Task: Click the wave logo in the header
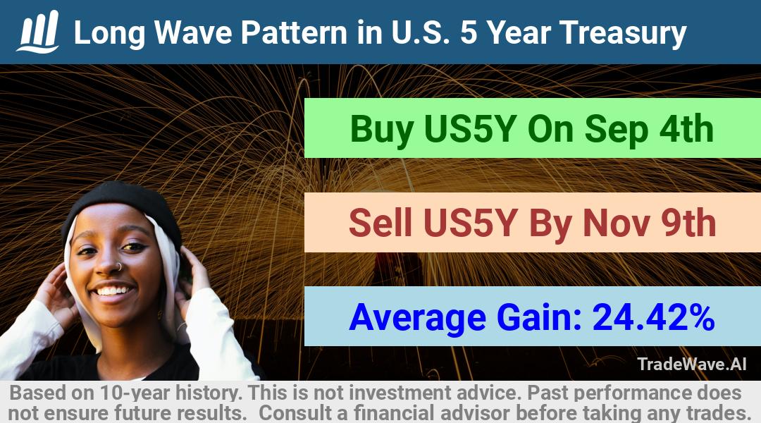tap(38, 32)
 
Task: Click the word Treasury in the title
tap(623, 34)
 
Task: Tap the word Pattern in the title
tap(294, 32)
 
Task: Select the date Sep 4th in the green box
tap(649, 129)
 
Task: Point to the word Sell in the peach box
tap(380, 223)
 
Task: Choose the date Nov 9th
tap(650, 223)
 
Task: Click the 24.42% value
tap(653, 317)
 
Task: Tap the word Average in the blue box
tap(417, 318)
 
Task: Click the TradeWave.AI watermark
tap(692, 364)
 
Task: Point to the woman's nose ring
tap(118, 266)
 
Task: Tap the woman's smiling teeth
tap(113, 291)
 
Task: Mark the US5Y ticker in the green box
tap(469, 129)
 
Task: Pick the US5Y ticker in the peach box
tap(469, 223)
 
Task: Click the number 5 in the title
tap(469, 32)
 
